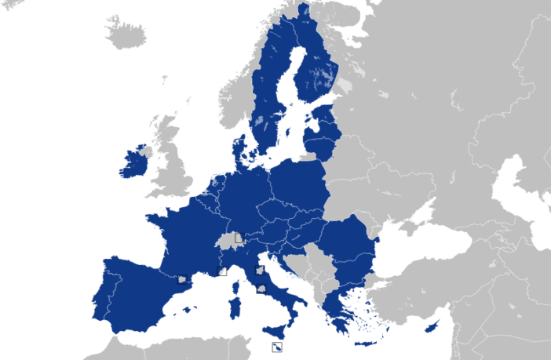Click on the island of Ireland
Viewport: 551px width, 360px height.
[135, 165]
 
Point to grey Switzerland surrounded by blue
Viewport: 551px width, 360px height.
[228, 240]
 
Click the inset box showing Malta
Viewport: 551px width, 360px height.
[277, 347]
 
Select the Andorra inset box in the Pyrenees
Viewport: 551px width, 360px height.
[182, 279]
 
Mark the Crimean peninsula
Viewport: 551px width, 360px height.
[409, 227]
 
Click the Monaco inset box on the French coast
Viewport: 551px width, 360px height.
[221, 271]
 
